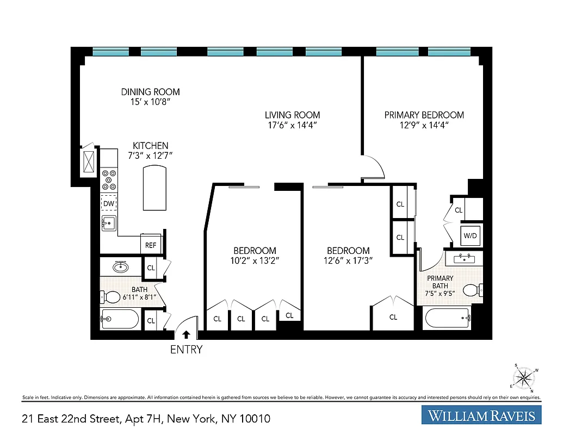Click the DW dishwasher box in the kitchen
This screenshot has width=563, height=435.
point(109,203)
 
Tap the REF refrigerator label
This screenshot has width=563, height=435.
point(151,245)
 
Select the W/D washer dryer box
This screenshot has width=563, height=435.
point(469,236)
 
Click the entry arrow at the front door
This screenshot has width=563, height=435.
point(186,335)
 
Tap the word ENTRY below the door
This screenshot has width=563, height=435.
point(186,350)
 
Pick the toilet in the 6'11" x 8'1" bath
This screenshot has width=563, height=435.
point(111,297)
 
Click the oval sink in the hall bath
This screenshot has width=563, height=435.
point(120,267)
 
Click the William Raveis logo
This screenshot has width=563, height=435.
point(481,417)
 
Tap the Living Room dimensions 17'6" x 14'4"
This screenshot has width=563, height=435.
point(292,125)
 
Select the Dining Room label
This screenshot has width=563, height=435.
point(150,92)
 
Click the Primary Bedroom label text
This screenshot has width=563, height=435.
point(424,115)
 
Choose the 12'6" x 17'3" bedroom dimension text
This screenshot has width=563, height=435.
point(348,260)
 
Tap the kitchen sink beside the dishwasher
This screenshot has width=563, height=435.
point(109,223)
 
